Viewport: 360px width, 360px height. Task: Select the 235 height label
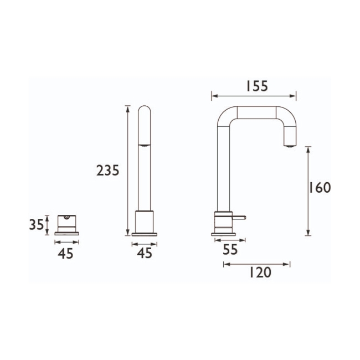[108, 171]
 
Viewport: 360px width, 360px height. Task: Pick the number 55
[230, 250]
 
